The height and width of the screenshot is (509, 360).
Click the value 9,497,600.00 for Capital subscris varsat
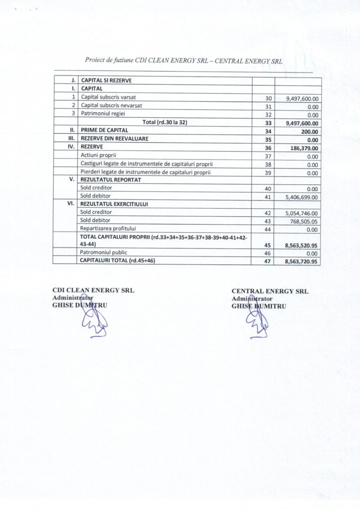tap(302, 99)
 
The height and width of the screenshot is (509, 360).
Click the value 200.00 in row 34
tap(311, 132)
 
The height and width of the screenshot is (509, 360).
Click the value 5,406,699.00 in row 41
tap(301, 197)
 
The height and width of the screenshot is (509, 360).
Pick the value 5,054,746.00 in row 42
tap(302, 212)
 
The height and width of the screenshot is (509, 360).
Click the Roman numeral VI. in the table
tap(70, 204)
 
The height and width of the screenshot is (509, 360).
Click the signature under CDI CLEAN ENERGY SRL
tap(92, 318)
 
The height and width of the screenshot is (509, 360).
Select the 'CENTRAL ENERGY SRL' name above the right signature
tap(270, 291)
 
